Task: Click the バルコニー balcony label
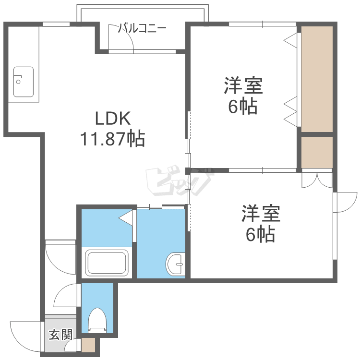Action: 143,28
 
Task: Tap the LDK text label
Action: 112,118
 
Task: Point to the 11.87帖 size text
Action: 112,139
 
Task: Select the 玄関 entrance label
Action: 60,335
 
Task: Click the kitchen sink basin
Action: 23,81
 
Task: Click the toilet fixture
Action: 97,320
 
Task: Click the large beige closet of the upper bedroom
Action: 317,78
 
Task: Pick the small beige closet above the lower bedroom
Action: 317,152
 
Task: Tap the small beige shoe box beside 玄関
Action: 88,345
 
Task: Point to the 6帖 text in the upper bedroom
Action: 243,107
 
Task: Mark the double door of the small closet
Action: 317,180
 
